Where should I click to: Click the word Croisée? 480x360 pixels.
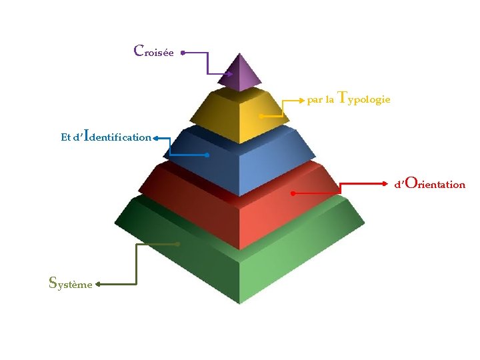(154, 51)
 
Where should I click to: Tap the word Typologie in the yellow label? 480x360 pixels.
(364, 99)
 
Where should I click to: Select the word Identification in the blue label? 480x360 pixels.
(117, 135)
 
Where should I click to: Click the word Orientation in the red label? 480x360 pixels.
(435, 183)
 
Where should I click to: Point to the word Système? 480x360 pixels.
(71, 283)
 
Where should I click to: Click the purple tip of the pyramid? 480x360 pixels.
(240, 72)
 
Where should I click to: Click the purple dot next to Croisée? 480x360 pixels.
(183, 53)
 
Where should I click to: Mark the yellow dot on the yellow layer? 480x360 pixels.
(261, 116)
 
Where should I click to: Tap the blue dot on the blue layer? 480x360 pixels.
(207, 155)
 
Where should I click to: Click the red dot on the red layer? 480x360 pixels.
(293, 193)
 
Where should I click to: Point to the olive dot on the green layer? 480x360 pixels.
(177, 244)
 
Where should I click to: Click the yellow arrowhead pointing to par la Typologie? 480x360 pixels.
(302, 101)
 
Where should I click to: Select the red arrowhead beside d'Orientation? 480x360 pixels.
(385, 184)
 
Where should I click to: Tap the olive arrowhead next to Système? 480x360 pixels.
(98, 285)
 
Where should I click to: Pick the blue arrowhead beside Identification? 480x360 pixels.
(155, 139)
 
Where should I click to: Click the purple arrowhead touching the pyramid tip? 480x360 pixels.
(230, 74)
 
